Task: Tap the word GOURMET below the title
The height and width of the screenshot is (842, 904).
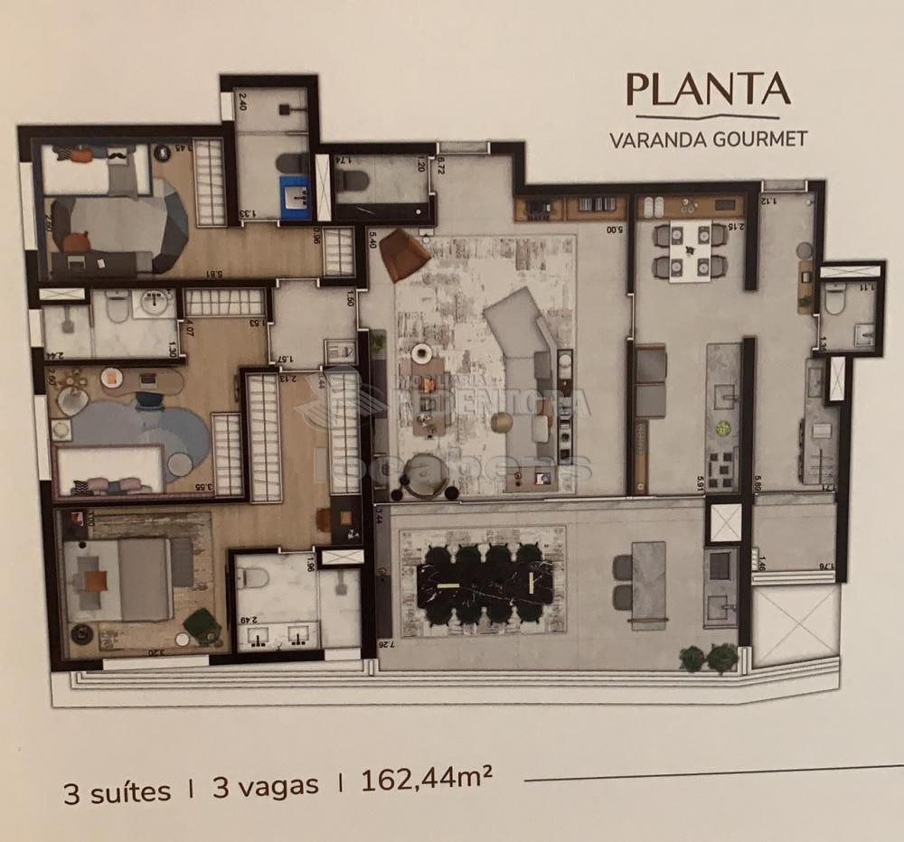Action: (x=756, y=140)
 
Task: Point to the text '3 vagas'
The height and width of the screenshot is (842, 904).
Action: (x=265, y=786)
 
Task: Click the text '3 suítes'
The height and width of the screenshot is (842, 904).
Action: (x=117, y=791)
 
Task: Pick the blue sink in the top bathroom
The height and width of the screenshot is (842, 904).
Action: (x=295, y=192)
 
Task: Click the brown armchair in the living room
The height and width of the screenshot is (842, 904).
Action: (x=403, y=254)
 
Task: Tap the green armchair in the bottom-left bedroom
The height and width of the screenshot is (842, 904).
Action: (x=201, y=623)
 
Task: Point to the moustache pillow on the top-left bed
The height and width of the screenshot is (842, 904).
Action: (x=118, y=156)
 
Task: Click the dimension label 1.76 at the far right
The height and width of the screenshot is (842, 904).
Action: (x=824, y=566)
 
